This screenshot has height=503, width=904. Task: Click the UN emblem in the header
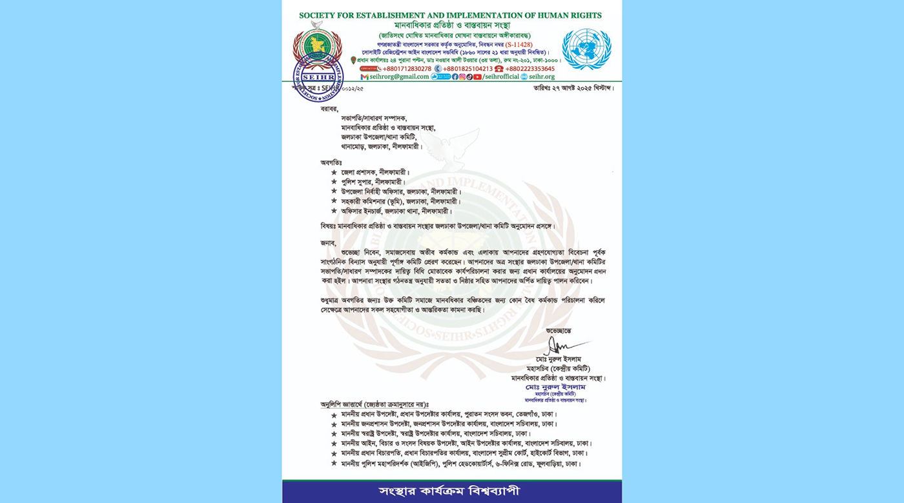[x=586, y=48]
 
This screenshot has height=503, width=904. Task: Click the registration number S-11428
[x=519, y=44]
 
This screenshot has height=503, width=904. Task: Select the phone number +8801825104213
[x=467, y=68]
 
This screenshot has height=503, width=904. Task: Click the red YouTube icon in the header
[x=477, y=77]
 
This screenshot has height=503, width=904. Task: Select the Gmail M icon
[x=364, y=77]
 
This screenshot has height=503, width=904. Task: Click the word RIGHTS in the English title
[x=582, y=15]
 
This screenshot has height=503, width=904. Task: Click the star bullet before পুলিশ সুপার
[x=334, y=182]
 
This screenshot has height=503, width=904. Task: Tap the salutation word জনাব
[x=329, y=242]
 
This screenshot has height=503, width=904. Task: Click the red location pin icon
[x=353, y=60]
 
